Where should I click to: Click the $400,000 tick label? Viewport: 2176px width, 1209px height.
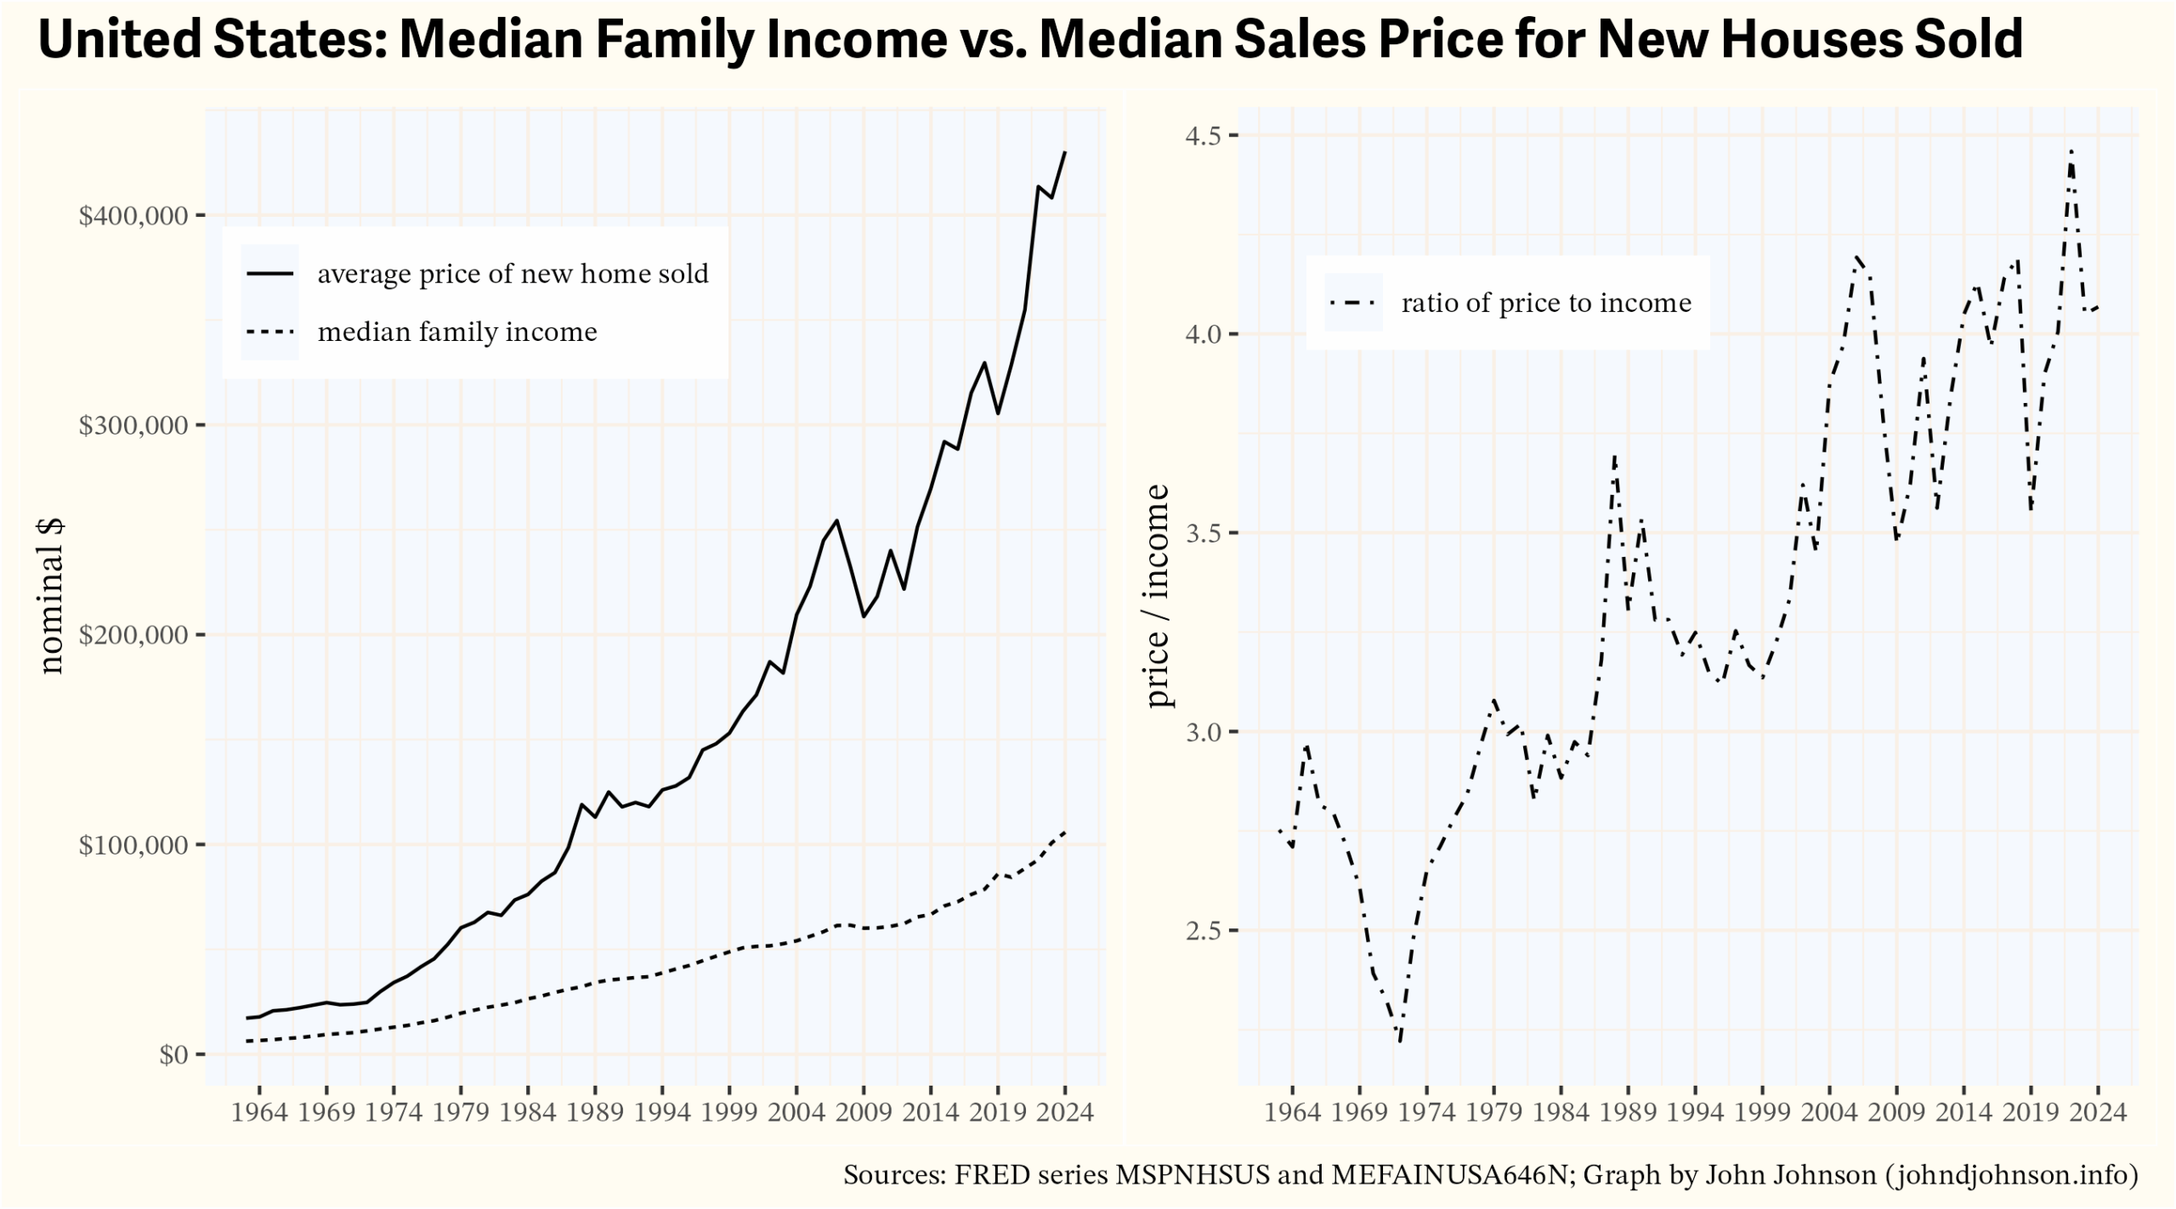tap(133, 216)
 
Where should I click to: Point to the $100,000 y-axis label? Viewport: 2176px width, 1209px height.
tap(133, 845)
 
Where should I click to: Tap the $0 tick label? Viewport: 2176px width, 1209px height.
tap(173, 1055)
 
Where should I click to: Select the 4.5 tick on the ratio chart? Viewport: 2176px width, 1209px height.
tap(1201, 135)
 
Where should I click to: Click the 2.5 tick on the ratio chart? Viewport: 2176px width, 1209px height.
tap(1201, 931)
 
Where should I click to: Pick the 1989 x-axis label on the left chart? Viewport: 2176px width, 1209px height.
tap(595, 1113)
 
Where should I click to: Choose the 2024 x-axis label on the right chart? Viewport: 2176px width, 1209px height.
tap(2098, 1113)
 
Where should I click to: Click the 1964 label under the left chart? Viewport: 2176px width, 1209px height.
tap(259, 1113)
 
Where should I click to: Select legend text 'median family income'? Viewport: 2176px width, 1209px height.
tap(457, 332)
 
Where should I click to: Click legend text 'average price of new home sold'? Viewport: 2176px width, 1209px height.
tap(513, 274)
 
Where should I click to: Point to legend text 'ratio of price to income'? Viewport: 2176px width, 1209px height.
tap(1546, 303)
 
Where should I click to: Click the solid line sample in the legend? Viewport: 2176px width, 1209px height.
tap(270, 274)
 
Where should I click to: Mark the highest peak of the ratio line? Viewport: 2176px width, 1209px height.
tap(2071, 151)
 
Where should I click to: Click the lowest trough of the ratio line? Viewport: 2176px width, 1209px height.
tap(1400, 1041)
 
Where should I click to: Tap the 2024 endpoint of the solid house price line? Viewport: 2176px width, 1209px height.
tap(1065, 153)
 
